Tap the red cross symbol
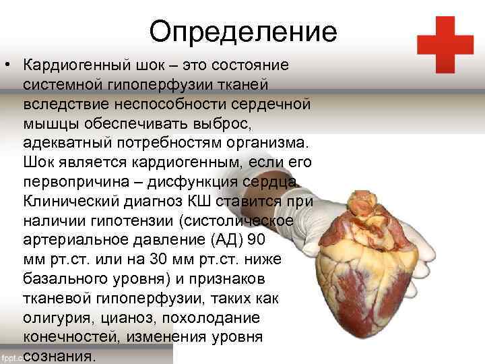445,44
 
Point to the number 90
257,241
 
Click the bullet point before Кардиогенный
6,66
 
